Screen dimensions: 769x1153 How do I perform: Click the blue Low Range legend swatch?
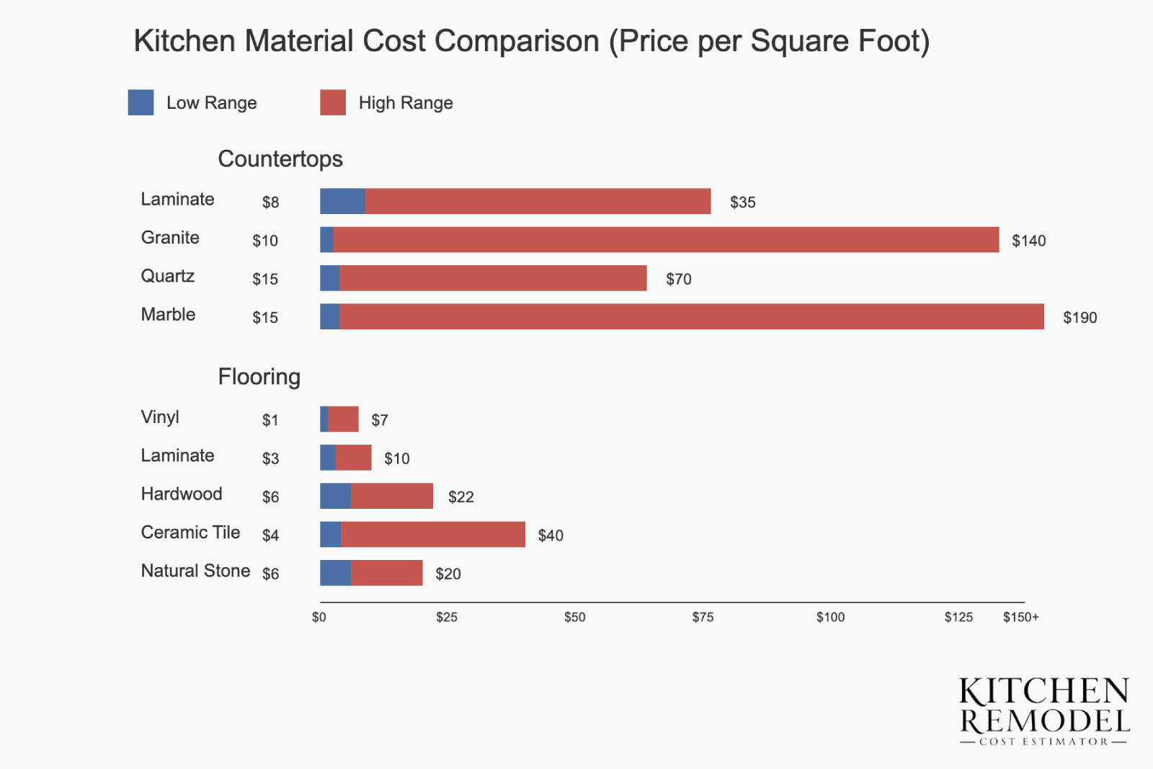click(141, 102)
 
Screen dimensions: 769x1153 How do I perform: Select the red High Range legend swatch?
click(333, 102)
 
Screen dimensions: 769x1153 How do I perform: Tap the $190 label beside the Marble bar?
click(1079, 317)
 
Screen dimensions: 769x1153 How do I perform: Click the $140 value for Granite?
click(1028, 241)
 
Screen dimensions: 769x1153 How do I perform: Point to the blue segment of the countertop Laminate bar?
click(342, 201)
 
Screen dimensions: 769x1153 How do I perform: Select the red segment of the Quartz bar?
click(493, 278)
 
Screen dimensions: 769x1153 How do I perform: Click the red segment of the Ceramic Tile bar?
click(432, 534)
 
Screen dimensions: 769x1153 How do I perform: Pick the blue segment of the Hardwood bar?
click(335, 496)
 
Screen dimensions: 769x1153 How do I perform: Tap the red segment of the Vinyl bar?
click(343, 419)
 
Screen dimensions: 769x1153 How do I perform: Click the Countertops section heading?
click(280, 159)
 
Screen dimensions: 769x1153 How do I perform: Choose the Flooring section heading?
click(259, 376)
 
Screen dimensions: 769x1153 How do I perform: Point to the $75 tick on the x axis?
click(703, 617)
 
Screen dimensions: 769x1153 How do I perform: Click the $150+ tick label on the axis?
click(1020, 617)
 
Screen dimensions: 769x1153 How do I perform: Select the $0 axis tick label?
click(319, 617)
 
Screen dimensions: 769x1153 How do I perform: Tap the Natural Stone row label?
click(195, 571)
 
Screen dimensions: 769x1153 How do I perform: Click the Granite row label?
click(170, 238)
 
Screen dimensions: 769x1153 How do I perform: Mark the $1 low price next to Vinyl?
click(270, 420)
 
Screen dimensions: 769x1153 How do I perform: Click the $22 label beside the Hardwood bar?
click(460, 497)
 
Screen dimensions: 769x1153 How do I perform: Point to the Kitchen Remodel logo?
click(1044, 710)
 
